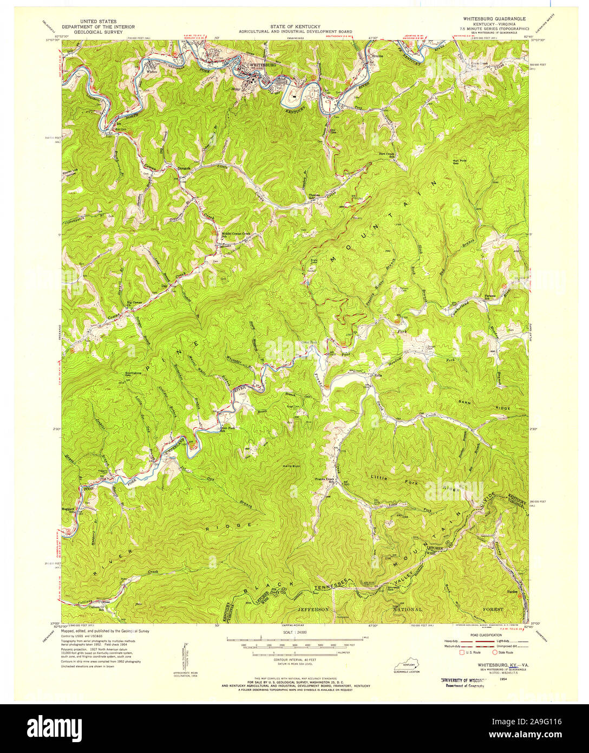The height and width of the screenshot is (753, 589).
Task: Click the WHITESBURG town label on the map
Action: (262, 65)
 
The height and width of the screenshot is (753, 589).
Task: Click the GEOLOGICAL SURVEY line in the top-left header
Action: (99, 31)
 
